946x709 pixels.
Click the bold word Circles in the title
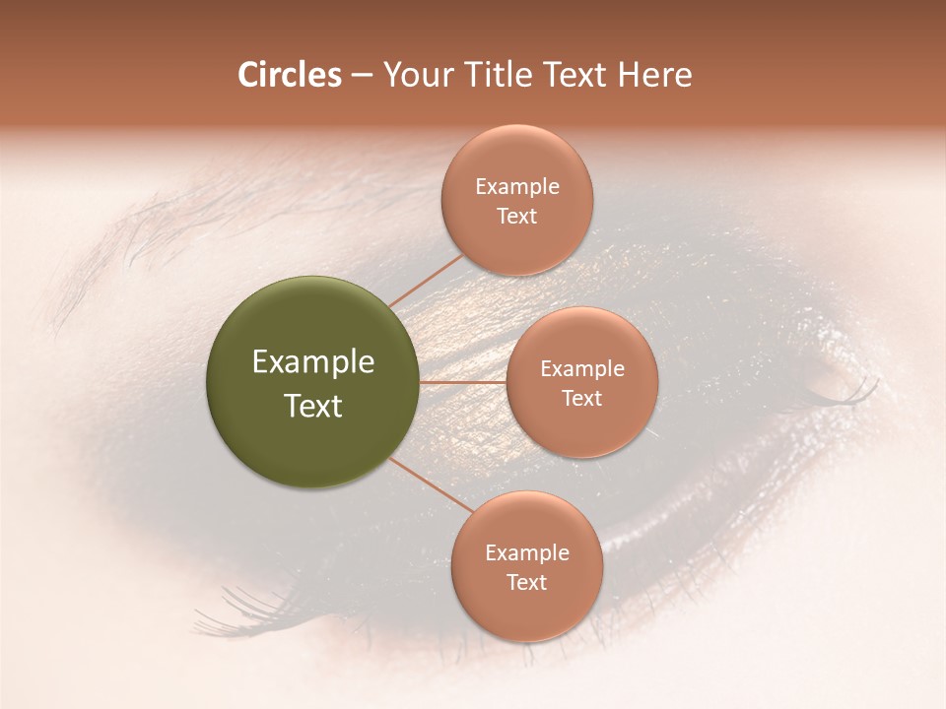click(289, 75)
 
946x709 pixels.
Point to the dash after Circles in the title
click(362, 76)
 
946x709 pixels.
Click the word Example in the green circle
click(313, 362)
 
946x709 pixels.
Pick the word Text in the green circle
click(313, 406)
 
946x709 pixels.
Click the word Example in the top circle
click(517, 187)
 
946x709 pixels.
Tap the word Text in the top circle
click(516, 216)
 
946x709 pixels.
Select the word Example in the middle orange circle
click(582, 369)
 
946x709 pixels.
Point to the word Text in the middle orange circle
click(581, 398)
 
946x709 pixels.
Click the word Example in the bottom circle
click(527, 552)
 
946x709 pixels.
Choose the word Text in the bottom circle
click(526, 582)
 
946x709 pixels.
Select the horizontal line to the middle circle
click(463, 382)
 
